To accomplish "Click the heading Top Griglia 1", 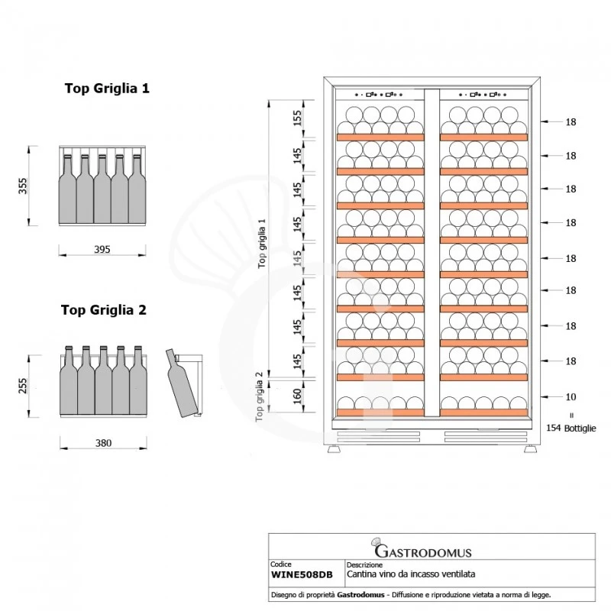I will (x=106, y=89).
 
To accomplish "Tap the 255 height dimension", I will (x=24, y=384).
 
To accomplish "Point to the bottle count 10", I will (x=571, y=396).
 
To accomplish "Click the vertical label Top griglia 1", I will (x=262, y=243).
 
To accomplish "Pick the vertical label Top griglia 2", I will (x=260, y=396).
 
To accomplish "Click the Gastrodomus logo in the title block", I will (x=422, y=549).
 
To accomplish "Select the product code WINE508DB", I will (x=302, y=574).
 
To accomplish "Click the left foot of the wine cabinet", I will (x=335, y=450).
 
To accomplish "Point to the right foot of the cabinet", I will (x=529, y=450).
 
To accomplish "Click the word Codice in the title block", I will (x=281, y=565).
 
